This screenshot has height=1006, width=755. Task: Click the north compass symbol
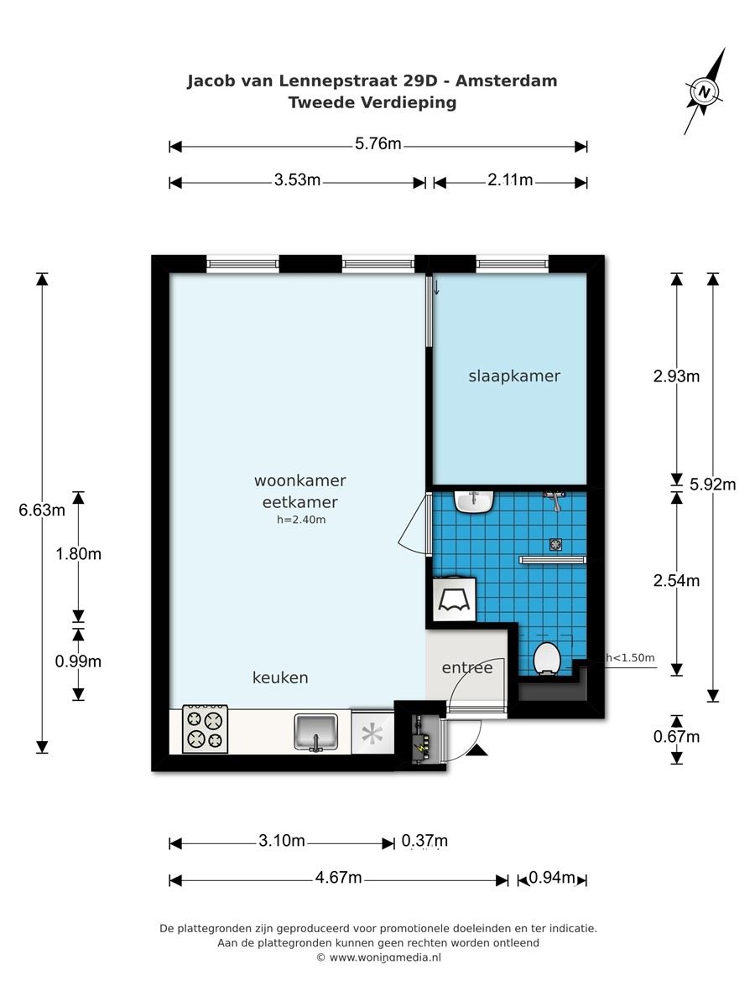point(704,91)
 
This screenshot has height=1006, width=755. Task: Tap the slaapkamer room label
point(514,376)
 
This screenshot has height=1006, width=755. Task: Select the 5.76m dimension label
point(377,144)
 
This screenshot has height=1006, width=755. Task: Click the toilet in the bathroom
point(547,659)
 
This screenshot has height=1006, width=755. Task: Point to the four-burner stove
point(205,729)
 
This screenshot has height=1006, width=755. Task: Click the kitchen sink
point(315,732)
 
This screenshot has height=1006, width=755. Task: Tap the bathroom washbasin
point(474,501)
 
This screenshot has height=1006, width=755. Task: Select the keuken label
point(280,677)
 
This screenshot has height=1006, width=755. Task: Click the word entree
point(467,668)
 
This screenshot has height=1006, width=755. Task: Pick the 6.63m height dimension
point(42,510)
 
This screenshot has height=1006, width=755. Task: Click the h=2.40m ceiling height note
point(301,520)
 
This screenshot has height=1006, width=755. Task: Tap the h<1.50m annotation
point(630,658)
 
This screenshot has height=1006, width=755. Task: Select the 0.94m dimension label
point(551,877)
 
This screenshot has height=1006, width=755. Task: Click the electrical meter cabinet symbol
point(421,739)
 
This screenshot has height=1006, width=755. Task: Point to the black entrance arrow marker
point(477,749)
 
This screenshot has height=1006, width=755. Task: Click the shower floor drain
point(555,545)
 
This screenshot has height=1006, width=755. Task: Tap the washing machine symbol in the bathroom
point(455,599)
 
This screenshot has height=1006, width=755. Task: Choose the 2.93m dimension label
point(676,376)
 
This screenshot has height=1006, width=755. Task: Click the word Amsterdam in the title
point(506,81)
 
